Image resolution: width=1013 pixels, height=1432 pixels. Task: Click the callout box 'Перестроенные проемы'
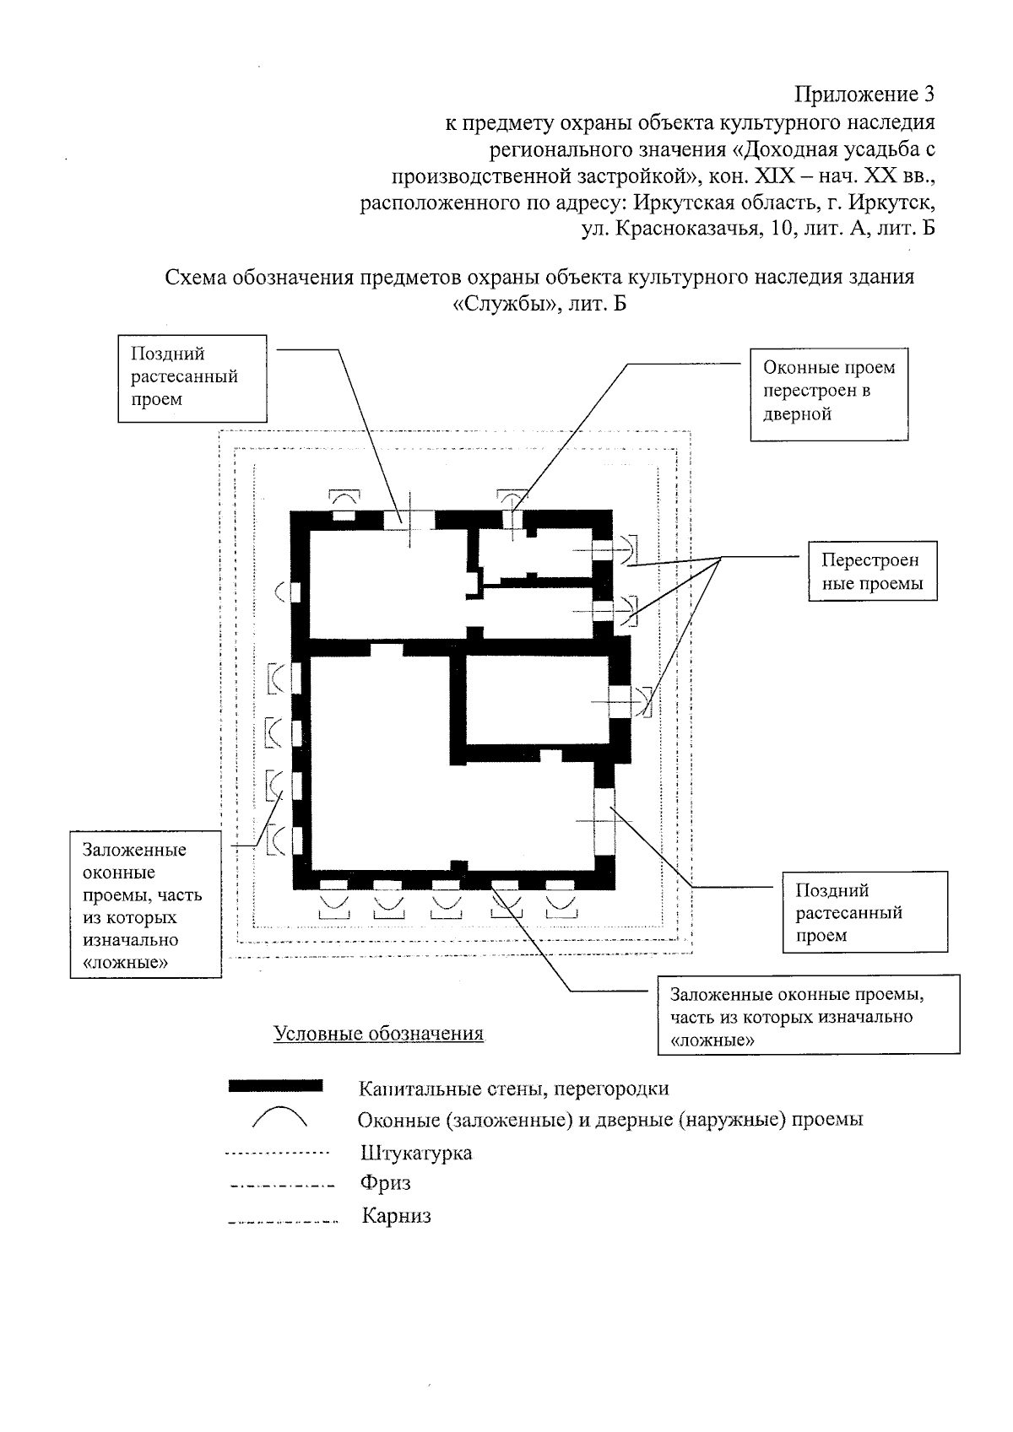pos(873,571)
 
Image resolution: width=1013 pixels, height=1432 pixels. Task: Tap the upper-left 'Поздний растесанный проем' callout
pos(192,377)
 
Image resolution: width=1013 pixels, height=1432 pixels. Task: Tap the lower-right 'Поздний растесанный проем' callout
pos(864,912)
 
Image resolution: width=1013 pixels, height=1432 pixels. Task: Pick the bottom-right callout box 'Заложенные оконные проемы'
pos(808,1016)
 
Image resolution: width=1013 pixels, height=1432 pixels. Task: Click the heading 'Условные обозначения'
pos(378,1034)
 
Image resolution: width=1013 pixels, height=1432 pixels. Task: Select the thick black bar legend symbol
pos(275,1086)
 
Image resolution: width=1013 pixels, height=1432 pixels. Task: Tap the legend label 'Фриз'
pos(385,1183)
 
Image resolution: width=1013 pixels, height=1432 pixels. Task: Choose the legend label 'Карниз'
pos(396,1216)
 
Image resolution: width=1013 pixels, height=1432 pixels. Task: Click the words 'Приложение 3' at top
pos(865,92)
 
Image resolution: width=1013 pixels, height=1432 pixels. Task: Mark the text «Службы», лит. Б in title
pos(540,303)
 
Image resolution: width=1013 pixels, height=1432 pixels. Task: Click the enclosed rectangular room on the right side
pos(536,699)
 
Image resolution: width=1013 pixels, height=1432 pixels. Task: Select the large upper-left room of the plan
pos(387,582)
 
